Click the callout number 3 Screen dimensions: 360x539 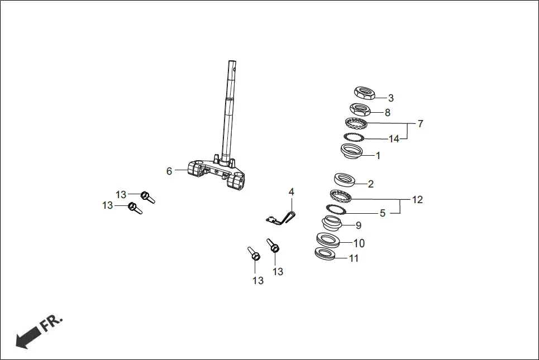391,98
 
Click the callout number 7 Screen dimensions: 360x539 420,124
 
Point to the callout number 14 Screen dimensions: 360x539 394,139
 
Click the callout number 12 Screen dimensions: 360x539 417,199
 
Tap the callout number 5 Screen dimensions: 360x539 383,213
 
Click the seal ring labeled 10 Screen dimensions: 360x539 328,240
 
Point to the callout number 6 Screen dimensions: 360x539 169,171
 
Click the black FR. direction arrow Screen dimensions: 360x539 28,337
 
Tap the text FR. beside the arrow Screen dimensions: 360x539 51,323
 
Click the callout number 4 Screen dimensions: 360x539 291,192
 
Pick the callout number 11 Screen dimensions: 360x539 354,258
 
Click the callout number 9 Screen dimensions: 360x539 359,225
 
